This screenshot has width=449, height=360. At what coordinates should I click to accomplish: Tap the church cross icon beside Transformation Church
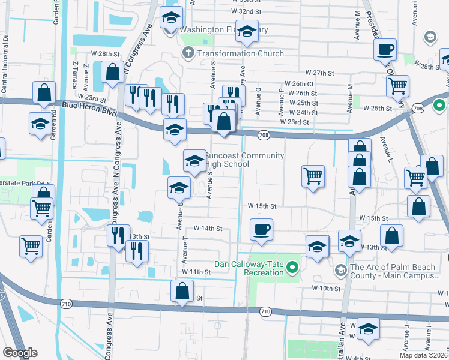click(188, 53)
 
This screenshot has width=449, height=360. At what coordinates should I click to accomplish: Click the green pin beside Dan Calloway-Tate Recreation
click(293, 267)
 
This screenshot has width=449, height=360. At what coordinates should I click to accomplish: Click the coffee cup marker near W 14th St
click(261, 230)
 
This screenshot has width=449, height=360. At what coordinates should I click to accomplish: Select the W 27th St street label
click(319, 73)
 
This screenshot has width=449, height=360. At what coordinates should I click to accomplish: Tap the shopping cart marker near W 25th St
click(397, 86)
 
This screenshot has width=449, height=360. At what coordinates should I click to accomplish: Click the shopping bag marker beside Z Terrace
click(112, 72)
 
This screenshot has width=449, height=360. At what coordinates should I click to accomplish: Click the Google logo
click(20, 353)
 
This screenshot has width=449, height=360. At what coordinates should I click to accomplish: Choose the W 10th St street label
click(326, 288)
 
